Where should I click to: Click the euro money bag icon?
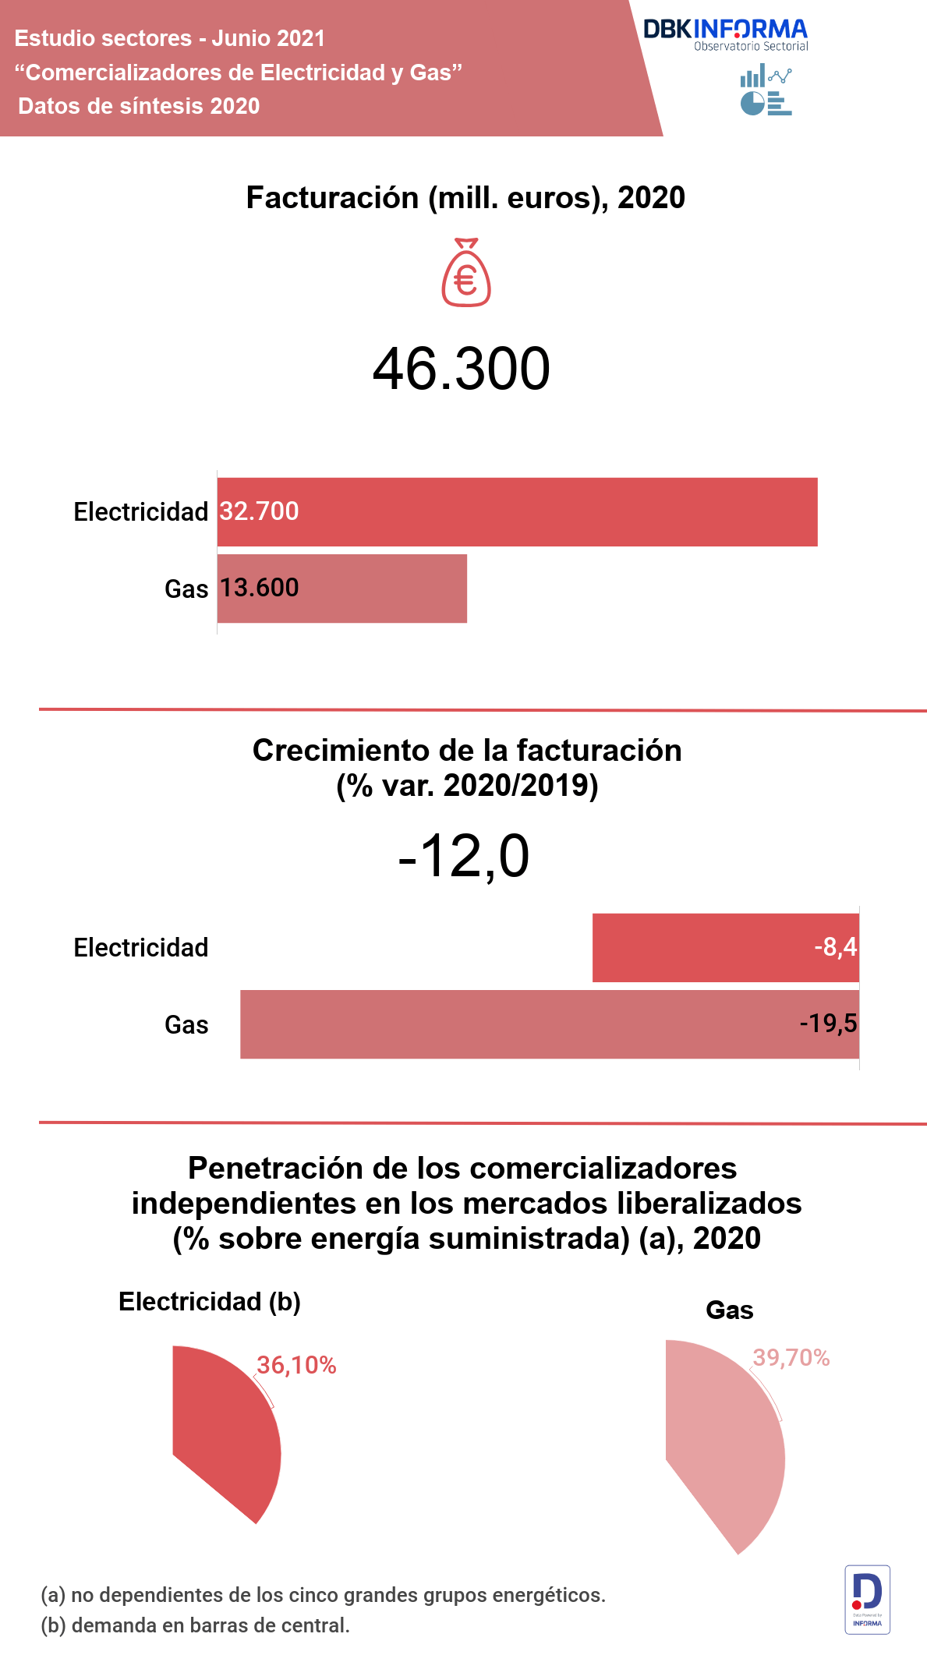click(x=465, y=273)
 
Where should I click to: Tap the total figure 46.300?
click(x=462, y=369)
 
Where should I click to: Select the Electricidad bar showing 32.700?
click(x=517, y=512)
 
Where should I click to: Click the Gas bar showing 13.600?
click(x=341, y=589)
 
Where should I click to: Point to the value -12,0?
click(x=464, y=857)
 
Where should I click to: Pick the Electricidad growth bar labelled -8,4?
click(x=725, y=947)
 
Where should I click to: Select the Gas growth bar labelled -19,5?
click(x=549, y=1024)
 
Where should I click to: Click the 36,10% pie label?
click(x=296, y=1365)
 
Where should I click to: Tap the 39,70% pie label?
click(x=791, y=1358)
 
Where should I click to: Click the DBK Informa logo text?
click(x=725, y=30)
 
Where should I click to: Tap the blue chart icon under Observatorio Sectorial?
click(x=766, y=91)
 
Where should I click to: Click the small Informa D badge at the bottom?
click(x=867, y=1600)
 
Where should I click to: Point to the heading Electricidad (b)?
click(x=209, y=1302)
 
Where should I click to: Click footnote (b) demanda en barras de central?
click(x=195, y=1626)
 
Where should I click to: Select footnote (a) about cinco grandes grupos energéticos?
click(x=323, y=1595)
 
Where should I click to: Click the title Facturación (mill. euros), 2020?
click(x=465, y=198)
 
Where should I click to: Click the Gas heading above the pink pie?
click(x=729, y=1310)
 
